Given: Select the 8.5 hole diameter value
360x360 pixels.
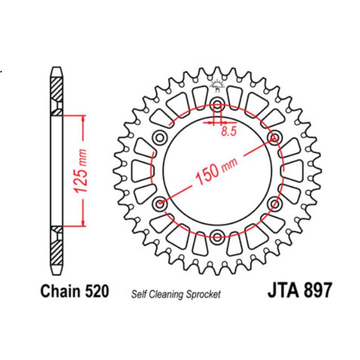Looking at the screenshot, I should pos(229,131).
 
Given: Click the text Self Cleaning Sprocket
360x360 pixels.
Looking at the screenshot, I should pos(176,294).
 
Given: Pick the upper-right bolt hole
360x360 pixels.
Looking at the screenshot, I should pos(276,137).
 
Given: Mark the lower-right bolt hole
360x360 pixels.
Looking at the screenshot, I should pos(276,204).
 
